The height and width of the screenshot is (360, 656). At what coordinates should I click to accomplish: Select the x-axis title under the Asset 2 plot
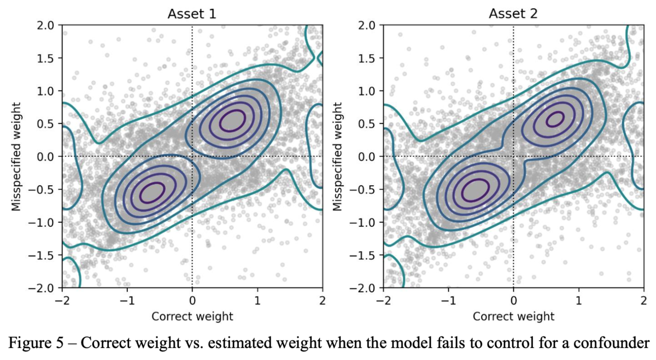[513, 316]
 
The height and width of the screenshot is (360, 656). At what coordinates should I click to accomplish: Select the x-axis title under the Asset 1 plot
[192, 316]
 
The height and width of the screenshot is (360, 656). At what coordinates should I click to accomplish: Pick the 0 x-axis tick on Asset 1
[192, 300]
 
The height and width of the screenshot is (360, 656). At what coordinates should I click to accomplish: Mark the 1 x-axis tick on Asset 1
[257, 300]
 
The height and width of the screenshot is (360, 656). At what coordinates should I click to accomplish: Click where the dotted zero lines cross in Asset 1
[192, 156]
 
